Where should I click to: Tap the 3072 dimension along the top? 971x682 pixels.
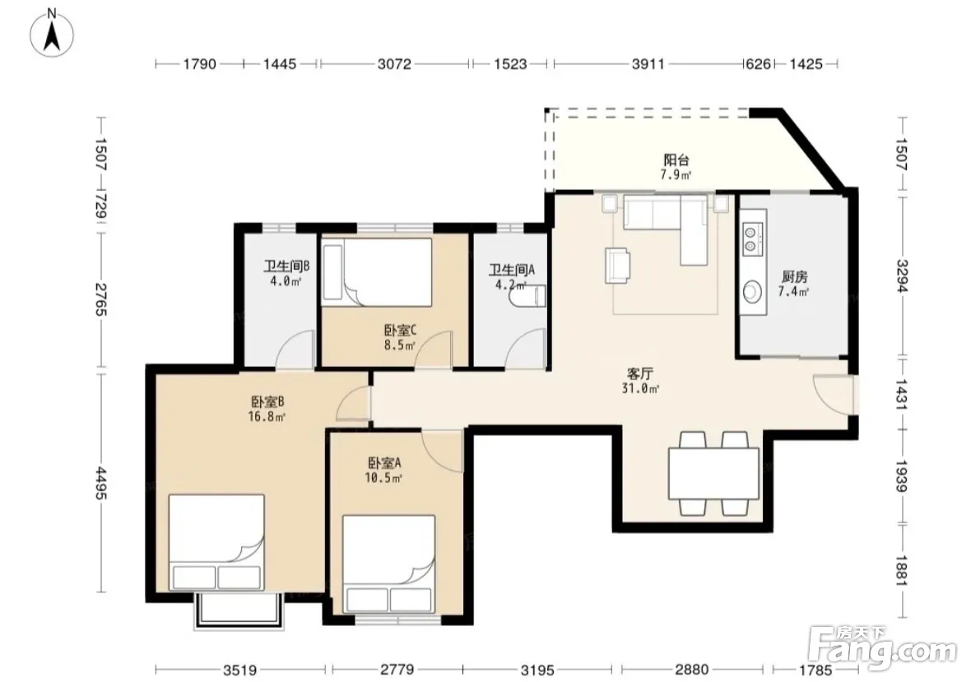(394, 63)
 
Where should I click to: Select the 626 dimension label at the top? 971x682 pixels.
(758, 63)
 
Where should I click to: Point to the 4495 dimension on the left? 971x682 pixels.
(101, 484)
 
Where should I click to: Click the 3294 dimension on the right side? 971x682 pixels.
(902, 276)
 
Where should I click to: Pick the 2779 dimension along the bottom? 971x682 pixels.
(397, 670)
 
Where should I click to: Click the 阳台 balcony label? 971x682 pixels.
(676, 160)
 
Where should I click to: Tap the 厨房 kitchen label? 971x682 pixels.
(795, 276)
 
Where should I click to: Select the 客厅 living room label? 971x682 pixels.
(640, 373)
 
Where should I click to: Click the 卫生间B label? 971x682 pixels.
(286, 267)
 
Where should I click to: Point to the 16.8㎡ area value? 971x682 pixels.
(267, 416)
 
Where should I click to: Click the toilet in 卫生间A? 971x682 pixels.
(528, 296)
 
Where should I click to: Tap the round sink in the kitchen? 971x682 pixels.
(752, 291)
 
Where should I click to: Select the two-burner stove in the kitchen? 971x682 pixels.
(750, 239)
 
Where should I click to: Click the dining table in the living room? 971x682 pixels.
(713, 473)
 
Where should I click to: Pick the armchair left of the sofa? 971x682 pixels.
(618, 266)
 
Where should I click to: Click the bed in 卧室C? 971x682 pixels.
(377, 272)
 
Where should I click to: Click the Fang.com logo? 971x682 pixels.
(884, 648)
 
